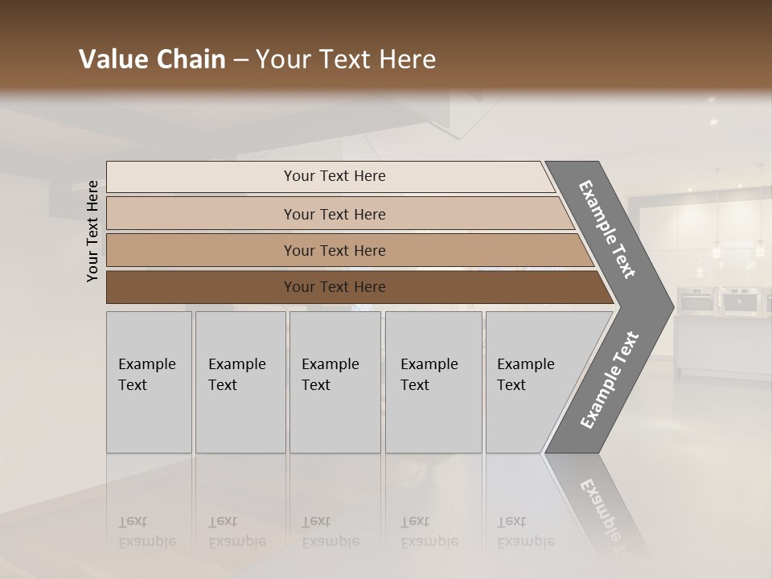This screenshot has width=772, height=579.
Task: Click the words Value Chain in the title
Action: pyautogui.click(x=152, y=60)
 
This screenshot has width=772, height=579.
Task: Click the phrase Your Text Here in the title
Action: pyautogui.click(x=346, y=60)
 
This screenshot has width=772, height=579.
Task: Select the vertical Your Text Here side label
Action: pyautogui.click(x=92, y=231)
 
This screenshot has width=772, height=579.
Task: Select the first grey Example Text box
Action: pyautogui.click(x=149, y=382)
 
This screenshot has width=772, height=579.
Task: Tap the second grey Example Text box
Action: pyautogui.click(x=240, y=382)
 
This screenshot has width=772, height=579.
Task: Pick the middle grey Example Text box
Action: pyautogui.click(x=335, y=382)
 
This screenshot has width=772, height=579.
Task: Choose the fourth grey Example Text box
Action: pyautogui.click(x=433, y=382)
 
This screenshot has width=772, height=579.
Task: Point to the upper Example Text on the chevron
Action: pyautogui.click(x=607, y=229)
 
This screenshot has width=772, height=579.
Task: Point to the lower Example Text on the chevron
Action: pyautogui.click(x=609, y=380)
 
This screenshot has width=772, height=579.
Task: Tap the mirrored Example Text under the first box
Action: pyautogui.click(x=147, y=532)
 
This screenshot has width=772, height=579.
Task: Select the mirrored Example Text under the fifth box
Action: pyautogui.click(x=526, y=532)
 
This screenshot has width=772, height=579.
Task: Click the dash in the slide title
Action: pyautogui.click(x=240, y=60)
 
